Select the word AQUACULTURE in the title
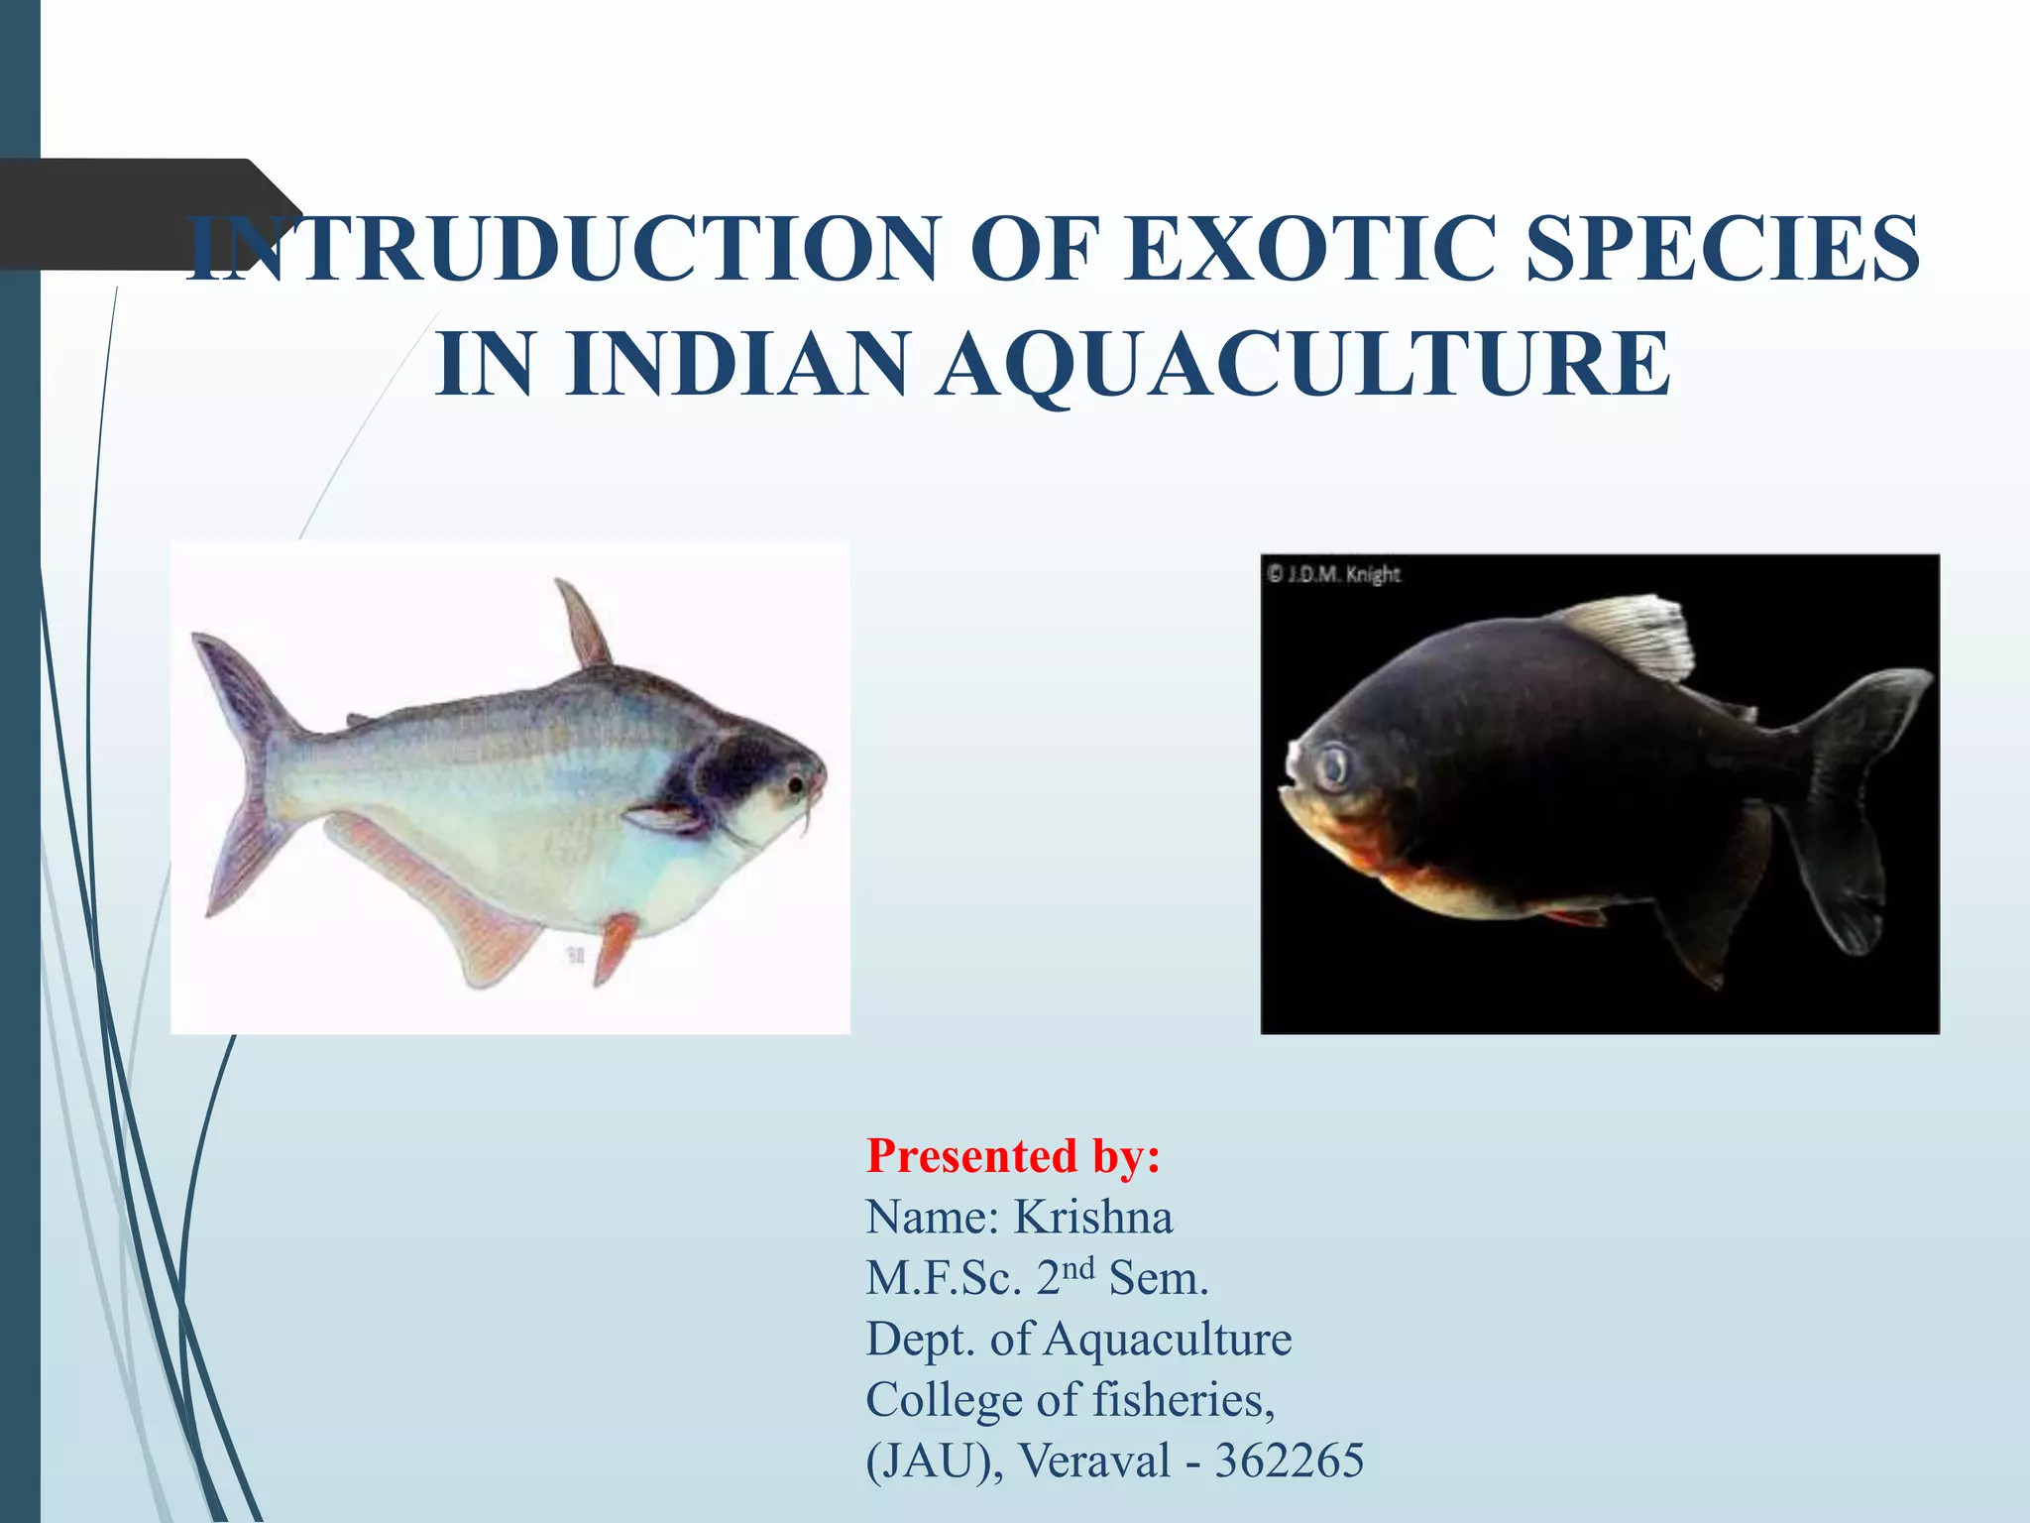(1304, 364)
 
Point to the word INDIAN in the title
(736, 364)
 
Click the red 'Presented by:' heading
(1013, 1156)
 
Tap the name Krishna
(1092, 1218)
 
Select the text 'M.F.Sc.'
(943, 1279)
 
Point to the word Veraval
(1095, 1461)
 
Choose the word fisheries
(1183, 1400)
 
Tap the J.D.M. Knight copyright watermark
(1333, 574)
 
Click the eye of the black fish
(1334, 765)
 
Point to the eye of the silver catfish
(795, 785)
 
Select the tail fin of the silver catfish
(243, 773)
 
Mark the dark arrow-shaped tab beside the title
(129, 213)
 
